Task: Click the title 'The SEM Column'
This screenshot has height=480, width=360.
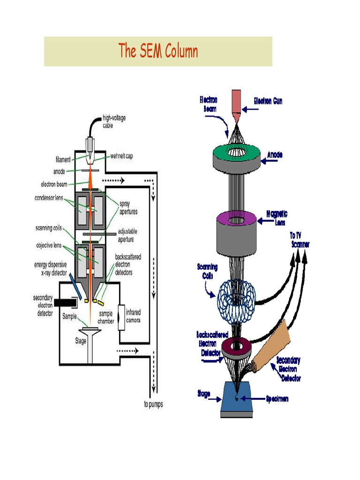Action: (158, 51)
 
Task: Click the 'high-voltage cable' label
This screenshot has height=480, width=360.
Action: (114, 122)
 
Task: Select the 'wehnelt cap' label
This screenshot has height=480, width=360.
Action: (121, 156)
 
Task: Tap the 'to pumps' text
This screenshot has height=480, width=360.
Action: (154, 404)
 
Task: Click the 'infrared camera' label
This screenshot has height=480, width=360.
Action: (133, 316)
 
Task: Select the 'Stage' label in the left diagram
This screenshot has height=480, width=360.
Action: (81, 341)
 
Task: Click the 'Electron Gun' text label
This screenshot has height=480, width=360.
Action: (268, 101)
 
